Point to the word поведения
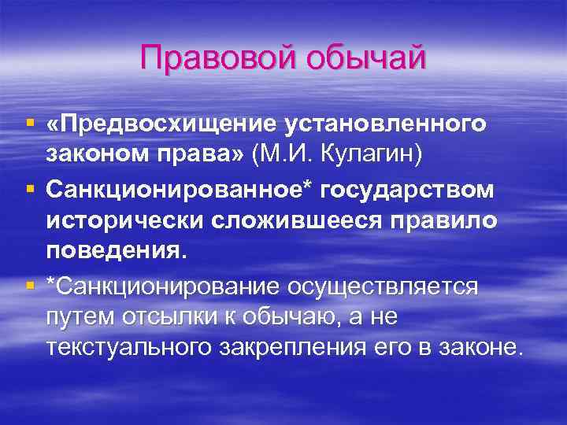tap(118, 253)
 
